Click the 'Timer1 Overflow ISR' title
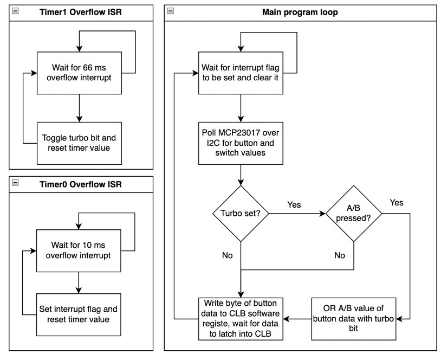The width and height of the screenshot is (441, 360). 79,12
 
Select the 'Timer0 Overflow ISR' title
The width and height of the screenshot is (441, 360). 79,183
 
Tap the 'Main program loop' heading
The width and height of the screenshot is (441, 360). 300,12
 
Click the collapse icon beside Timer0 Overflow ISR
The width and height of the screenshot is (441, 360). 15,183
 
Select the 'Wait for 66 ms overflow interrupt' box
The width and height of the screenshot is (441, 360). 79,73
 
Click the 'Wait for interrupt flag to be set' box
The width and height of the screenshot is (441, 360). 241,73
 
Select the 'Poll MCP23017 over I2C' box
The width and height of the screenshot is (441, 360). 241,143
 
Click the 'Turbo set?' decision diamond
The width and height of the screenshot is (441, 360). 241,213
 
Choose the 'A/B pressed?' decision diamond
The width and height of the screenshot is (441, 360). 353,213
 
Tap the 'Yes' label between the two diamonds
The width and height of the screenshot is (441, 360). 293,205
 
